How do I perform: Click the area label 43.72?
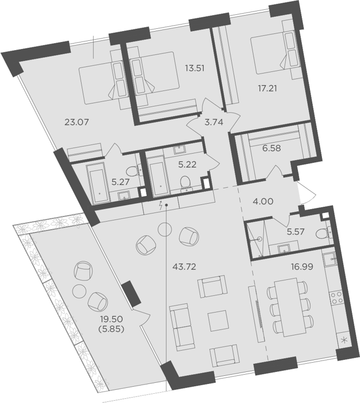pos(185,267)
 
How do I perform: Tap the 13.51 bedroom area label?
pos(195,69)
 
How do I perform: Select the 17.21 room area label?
pos(267,89)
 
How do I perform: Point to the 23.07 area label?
pos(76,122)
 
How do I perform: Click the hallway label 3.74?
pos(213,122)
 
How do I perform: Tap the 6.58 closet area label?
pos(271,149)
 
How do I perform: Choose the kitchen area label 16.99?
pos(302,267)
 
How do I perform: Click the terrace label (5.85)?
pos(112,329)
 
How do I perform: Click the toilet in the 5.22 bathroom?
pos(185,183)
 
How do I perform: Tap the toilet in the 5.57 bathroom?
pos(323,234)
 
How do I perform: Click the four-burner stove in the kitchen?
pos(336,298)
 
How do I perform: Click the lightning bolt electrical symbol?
pos(161,206)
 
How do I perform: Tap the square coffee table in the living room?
pos(218,321)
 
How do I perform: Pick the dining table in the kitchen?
pos(290,307)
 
